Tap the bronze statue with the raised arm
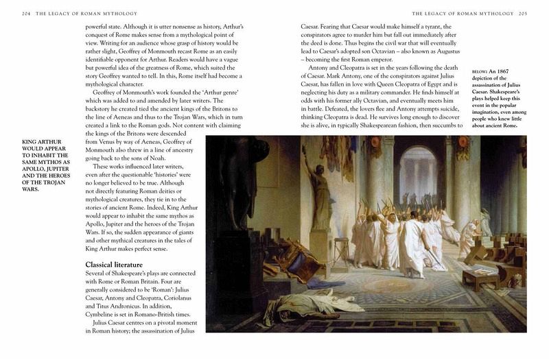pos(319,185)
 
